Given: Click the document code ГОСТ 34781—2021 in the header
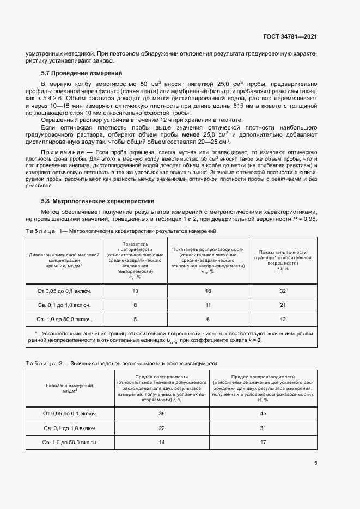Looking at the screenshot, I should [x=290, y=37].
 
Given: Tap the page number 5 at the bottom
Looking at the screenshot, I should [x=316, y=464].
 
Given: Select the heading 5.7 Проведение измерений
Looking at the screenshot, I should [x=82, y=73].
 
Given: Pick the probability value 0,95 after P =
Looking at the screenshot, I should [x=309, y=218].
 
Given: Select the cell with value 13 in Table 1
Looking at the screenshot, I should [x=135, y=291].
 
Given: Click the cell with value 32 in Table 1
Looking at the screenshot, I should [x=283, y=291].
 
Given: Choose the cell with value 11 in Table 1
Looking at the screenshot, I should [x=208, y=305].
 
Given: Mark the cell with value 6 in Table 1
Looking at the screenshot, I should [x=208, y=320].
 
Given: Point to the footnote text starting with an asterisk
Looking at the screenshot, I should [x=174, y=336].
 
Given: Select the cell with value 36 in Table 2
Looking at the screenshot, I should [x=161, y=414].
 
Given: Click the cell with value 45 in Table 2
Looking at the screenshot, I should [x=263, y=414].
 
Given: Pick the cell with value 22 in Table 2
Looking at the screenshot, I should [x=161, y=428].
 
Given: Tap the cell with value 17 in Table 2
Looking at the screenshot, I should [x=263, y=442].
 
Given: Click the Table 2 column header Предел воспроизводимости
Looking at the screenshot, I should [x=263, y=376].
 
